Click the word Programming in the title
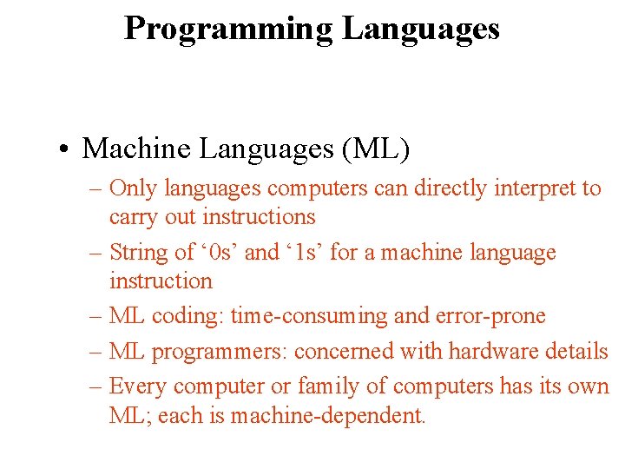(228, 29)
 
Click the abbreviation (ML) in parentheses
(377, 149)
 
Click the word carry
(133, 217)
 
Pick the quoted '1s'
(305, 253)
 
